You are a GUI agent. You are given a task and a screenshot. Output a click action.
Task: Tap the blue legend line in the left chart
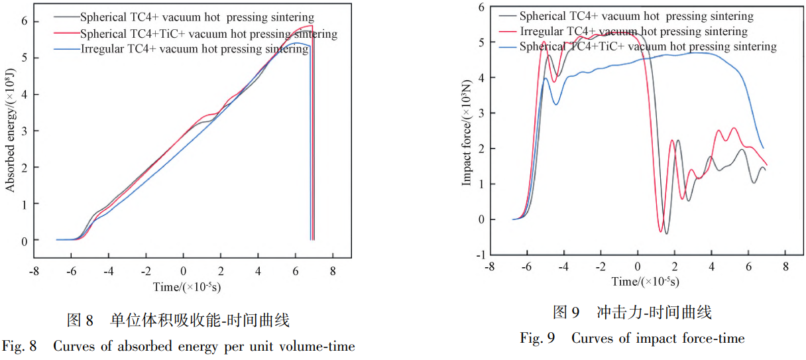[x=68, y=50]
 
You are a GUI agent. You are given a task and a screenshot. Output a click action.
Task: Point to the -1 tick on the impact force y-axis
[x=480, y=255]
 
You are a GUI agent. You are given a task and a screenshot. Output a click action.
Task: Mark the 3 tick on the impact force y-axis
[x=481, y=113]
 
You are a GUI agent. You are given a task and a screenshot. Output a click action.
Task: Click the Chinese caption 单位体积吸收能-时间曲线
[x=200, y=322]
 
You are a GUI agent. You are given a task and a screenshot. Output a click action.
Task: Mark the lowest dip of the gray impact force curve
[x=666, y=233]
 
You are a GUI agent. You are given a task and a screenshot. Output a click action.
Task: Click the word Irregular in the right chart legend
[x=541, y=32]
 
